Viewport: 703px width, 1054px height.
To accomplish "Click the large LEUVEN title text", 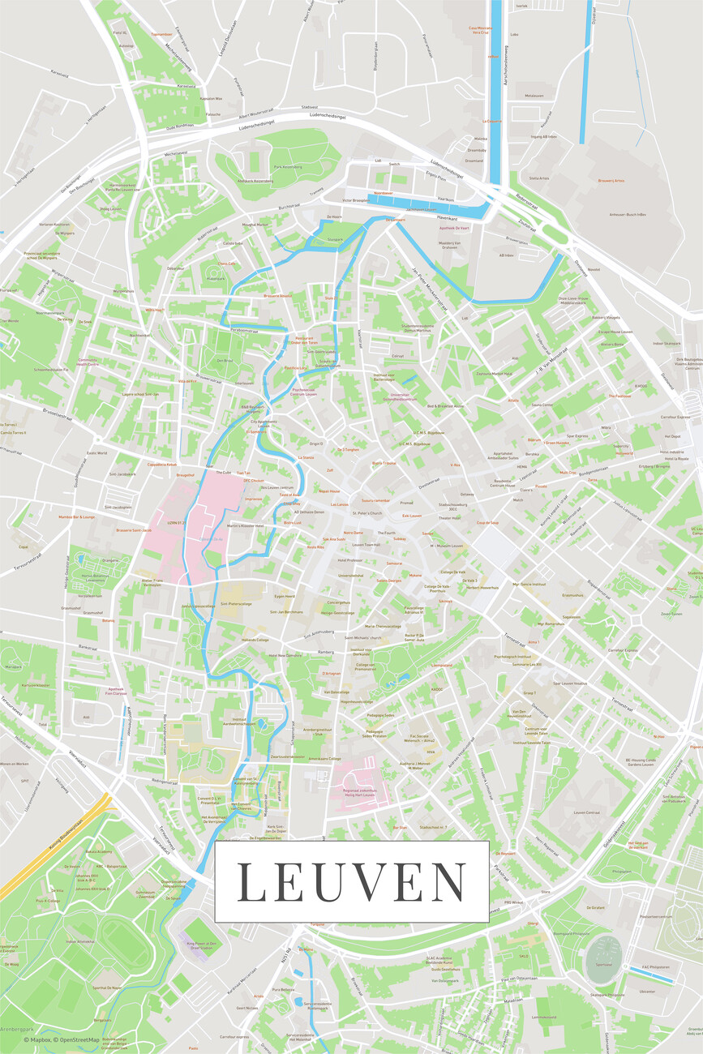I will point(351,882).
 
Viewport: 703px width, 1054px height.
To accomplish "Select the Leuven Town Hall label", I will point(367,545).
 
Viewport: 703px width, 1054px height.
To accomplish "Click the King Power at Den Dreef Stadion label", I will point(202,945).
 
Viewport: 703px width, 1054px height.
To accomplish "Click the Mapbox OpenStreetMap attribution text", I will point(62,1039).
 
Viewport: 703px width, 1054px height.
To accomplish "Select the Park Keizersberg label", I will point(287,167).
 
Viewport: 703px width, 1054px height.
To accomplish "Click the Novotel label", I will point(594,269).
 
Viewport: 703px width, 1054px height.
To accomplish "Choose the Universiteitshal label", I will point(350,575).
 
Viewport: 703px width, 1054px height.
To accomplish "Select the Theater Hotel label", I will point(450,517).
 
